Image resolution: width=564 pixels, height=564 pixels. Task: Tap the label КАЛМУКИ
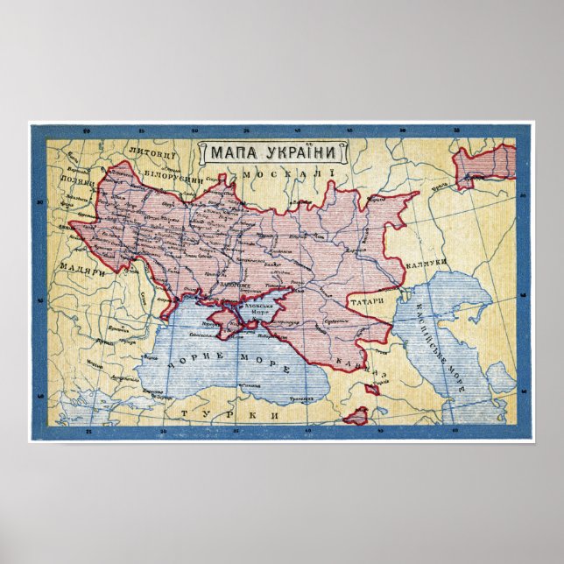coord(428,262)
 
